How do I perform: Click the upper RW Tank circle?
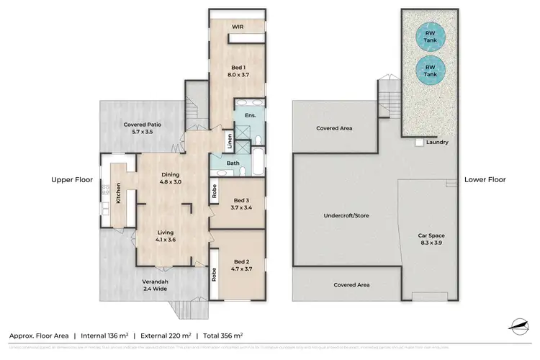click(x=430, y=37)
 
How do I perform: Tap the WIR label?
click(x=236, y=28)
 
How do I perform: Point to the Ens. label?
click(x=251, y=115)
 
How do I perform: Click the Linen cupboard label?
click(x=229, y=140)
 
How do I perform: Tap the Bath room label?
click(x=233, y=163)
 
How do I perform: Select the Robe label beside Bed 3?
click(x=215, y=192)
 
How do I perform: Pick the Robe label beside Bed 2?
click(x=215, y=274)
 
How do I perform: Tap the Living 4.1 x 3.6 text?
click(x=166, y=236)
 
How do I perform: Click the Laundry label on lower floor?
click(x=437, y=143)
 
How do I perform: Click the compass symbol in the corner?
click(x=519, y=326)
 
